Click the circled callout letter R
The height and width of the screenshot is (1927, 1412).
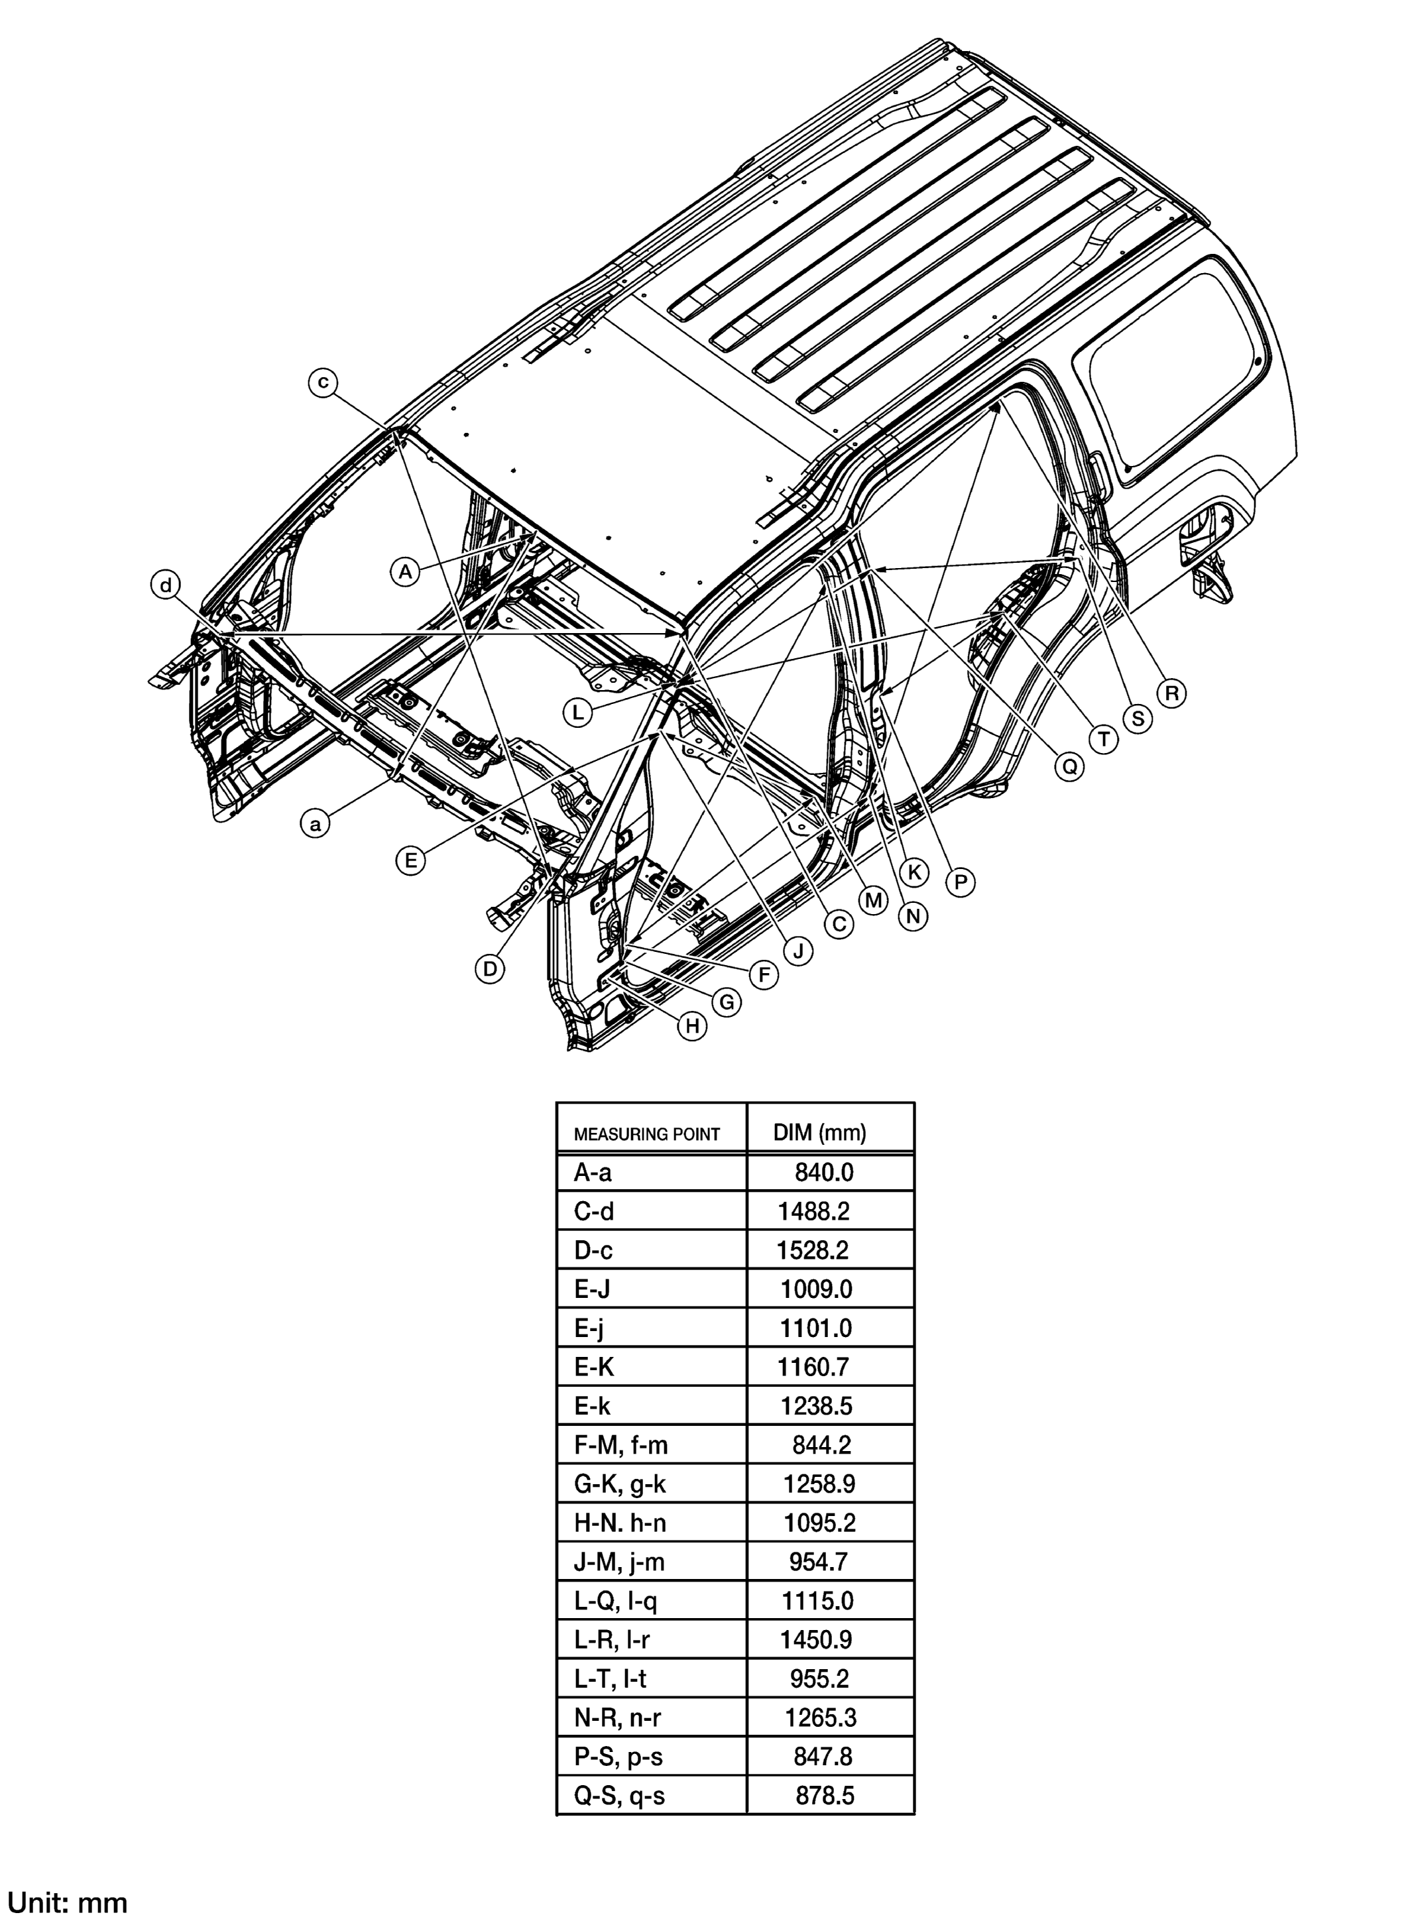(1170, 692)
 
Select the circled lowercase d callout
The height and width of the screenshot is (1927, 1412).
(166, 585)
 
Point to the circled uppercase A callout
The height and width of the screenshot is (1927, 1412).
(405, 571)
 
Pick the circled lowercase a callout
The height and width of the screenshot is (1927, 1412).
(316, 825)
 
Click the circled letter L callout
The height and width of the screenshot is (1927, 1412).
(578, 713)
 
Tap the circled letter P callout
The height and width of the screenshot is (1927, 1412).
(960, 881)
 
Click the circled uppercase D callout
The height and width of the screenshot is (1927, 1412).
(490, 969)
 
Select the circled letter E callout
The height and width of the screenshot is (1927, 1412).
(411, 860)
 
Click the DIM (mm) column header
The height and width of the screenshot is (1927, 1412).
(819, 1133)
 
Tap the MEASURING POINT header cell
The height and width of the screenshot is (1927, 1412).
(646, 1135)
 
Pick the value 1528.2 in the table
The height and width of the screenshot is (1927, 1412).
(812, 1250)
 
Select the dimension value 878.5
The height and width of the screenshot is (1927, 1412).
(824, 1795)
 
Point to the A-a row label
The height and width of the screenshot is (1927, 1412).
(593, 1173)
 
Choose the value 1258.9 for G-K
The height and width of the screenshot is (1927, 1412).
(819, 1484)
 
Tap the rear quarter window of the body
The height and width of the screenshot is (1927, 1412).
(1171, 367)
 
